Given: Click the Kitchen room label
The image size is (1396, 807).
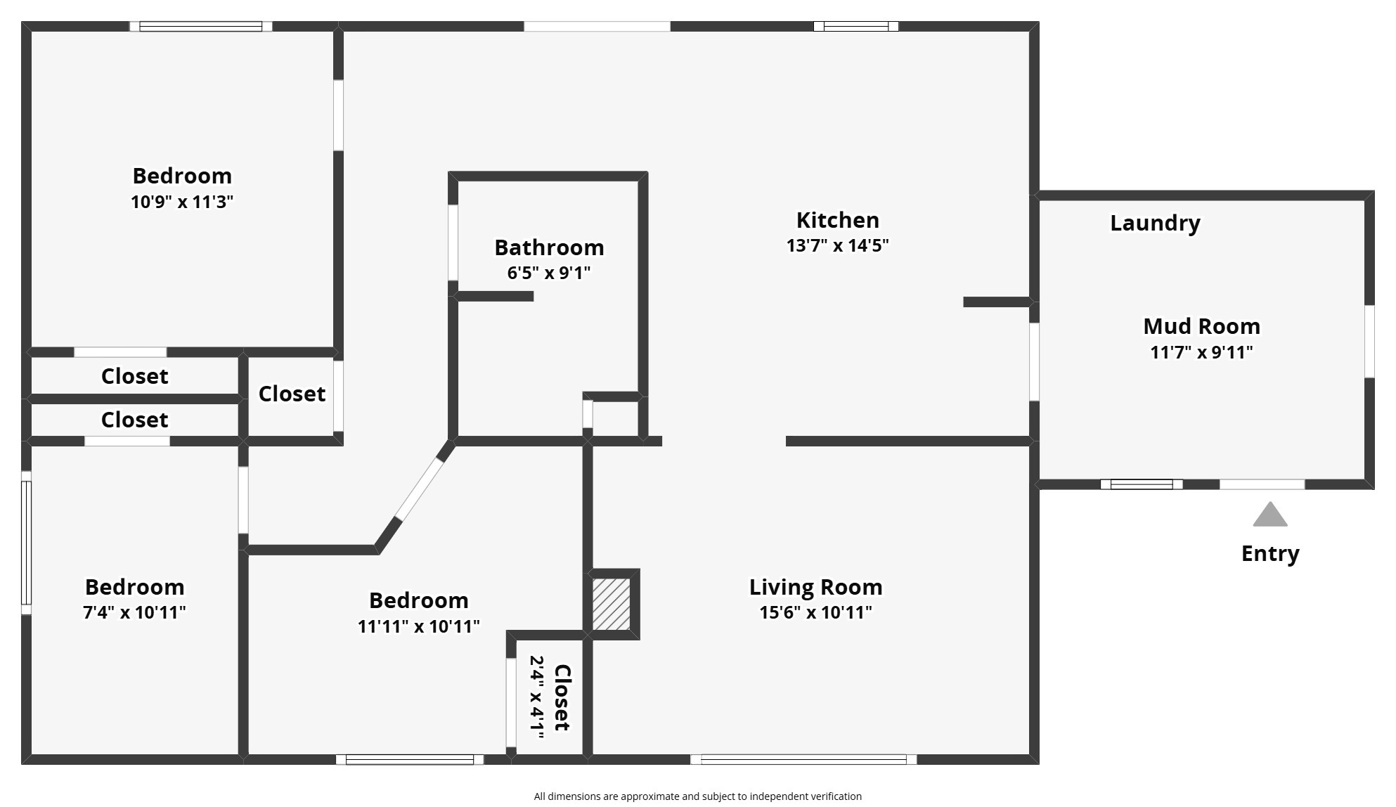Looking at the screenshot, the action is [837, 220].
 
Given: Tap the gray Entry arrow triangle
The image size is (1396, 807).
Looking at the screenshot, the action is [1269, 515].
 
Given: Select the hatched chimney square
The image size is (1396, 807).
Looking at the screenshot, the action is [611, 604].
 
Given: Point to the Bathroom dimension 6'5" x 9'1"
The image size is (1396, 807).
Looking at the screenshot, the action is [548, 273].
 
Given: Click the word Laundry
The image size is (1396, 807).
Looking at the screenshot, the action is [1155, 223].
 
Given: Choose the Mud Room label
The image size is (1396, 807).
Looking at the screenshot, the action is [1201, 326].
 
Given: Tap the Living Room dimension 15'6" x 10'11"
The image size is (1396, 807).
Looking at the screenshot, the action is [815, 612].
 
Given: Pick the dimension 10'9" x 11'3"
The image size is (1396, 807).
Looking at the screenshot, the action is [181, 202].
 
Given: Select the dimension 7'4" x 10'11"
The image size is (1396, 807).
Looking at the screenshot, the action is [134, 612].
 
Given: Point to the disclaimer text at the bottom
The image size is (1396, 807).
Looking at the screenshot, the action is [697, 796].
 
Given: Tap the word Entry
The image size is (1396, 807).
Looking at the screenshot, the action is [1270, 554].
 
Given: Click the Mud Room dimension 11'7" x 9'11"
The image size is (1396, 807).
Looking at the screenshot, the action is [1201, 352].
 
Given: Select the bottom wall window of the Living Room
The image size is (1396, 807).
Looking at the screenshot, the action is [803, 759].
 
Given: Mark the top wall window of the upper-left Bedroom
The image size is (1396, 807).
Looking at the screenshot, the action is [201, 27].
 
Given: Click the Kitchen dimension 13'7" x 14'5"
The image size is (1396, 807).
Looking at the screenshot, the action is [837, 245].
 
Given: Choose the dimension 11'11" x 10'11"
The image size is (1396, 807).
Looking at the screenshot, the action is [418, 626].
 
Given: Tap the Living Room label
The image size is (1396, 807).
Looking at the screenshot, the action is [815, 587].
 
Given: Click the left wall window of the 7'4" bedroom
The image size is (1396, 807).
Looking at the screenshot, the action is [26, 543].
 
